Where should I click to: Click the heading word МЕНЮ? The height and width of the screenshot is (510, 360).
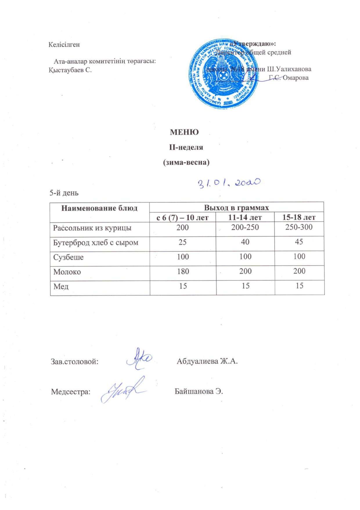[184, 132]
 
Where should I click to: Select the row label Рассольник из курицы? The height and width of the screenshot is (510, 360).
[92, 228]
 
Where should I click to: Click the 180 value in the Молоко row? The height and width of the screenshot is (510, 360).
[183, 271]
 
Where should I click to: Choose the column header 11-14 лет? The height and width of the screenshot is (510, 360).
[245, 217]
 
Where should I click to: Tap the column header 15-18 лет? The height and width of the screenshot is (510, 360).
[299, 217]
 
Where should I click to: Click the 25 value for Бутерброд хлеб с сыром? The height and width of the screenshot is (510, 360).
[183, 242]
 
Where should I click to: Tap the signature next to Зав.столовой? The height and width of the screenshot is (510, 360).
[139, 359]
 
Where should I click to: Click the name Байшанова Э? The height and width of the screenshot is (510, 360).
[199, 391]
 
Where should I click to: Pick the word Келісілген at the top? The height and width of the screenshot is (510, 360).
[64, 45]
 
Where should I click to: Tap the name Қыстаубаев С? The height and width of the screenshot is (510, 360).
[70, 70]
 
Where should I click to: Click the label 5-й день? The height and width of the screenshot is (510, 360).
[64, 193]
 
